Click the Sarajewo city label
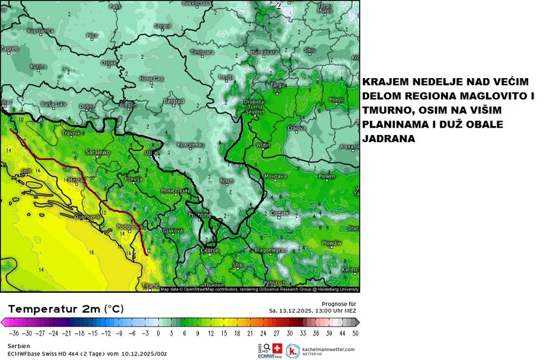pyautogui.click(x=98, y=153)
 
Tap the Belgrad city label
pyautogui.click(x=174, y=101)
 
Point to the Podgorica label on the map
pyautogui.click(x=129, y=227)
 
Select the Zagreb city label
pyautogui.click(x=10, y=48)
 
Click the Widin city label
pyautogui.click(x=263, y=145)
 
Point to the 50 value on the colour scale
pyautogui.click(x=355, y=334)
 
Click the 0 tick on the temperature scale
pyautogui.click(x=159, y=334)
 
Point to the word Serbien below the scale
pyautogui.click(x=19, y=346)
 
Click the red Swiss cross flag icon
pyautogui.click(x=277, y=347)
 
